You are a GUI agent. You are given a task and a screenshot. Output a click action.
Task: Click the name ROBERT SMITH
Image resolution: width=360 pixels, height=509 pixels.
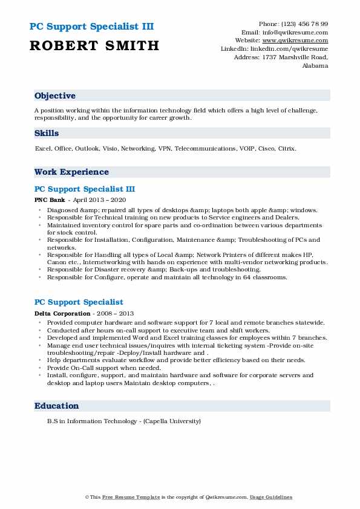point(94,45)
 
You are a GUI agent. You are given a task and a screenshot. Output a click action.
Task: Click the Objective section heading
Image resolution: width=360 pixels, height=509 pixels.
point(55,96)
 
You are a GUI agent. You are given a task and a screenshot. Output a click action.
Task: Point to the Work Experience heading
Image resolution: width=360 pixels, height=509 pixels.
point(71,172)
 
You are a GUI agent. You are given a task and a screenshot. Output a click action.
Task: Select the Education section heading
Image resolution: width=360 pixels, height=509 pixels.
point(57,406)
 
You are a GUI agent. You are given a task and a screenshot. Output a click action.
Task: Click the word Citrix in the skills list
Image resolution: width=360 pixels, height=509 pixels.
point(287,148)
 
